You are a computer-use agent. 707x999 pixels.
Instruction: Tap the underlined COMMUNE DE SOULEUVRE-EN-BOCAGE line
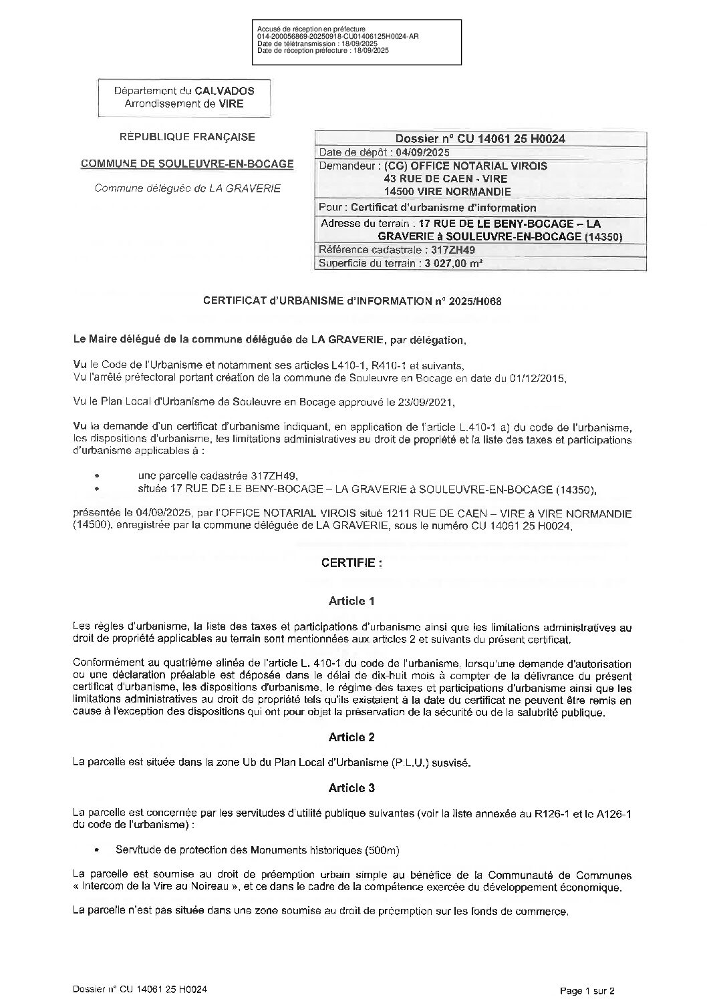187,164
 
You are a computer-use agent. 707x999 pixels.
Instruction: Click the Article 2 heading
351,737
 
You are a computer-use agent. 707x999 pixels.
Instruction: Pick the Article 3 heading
351,788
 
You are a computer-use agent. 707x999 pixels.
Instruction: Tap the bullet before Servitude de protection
99,851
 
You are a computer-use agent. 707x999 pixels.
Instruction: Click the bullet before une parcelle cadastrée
98,476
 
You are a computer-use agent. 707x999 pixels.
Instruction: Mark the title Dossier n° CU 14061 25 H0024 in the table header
480,139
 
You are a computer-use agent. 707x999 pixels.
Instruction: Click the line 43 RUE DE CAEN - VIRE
446,178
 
